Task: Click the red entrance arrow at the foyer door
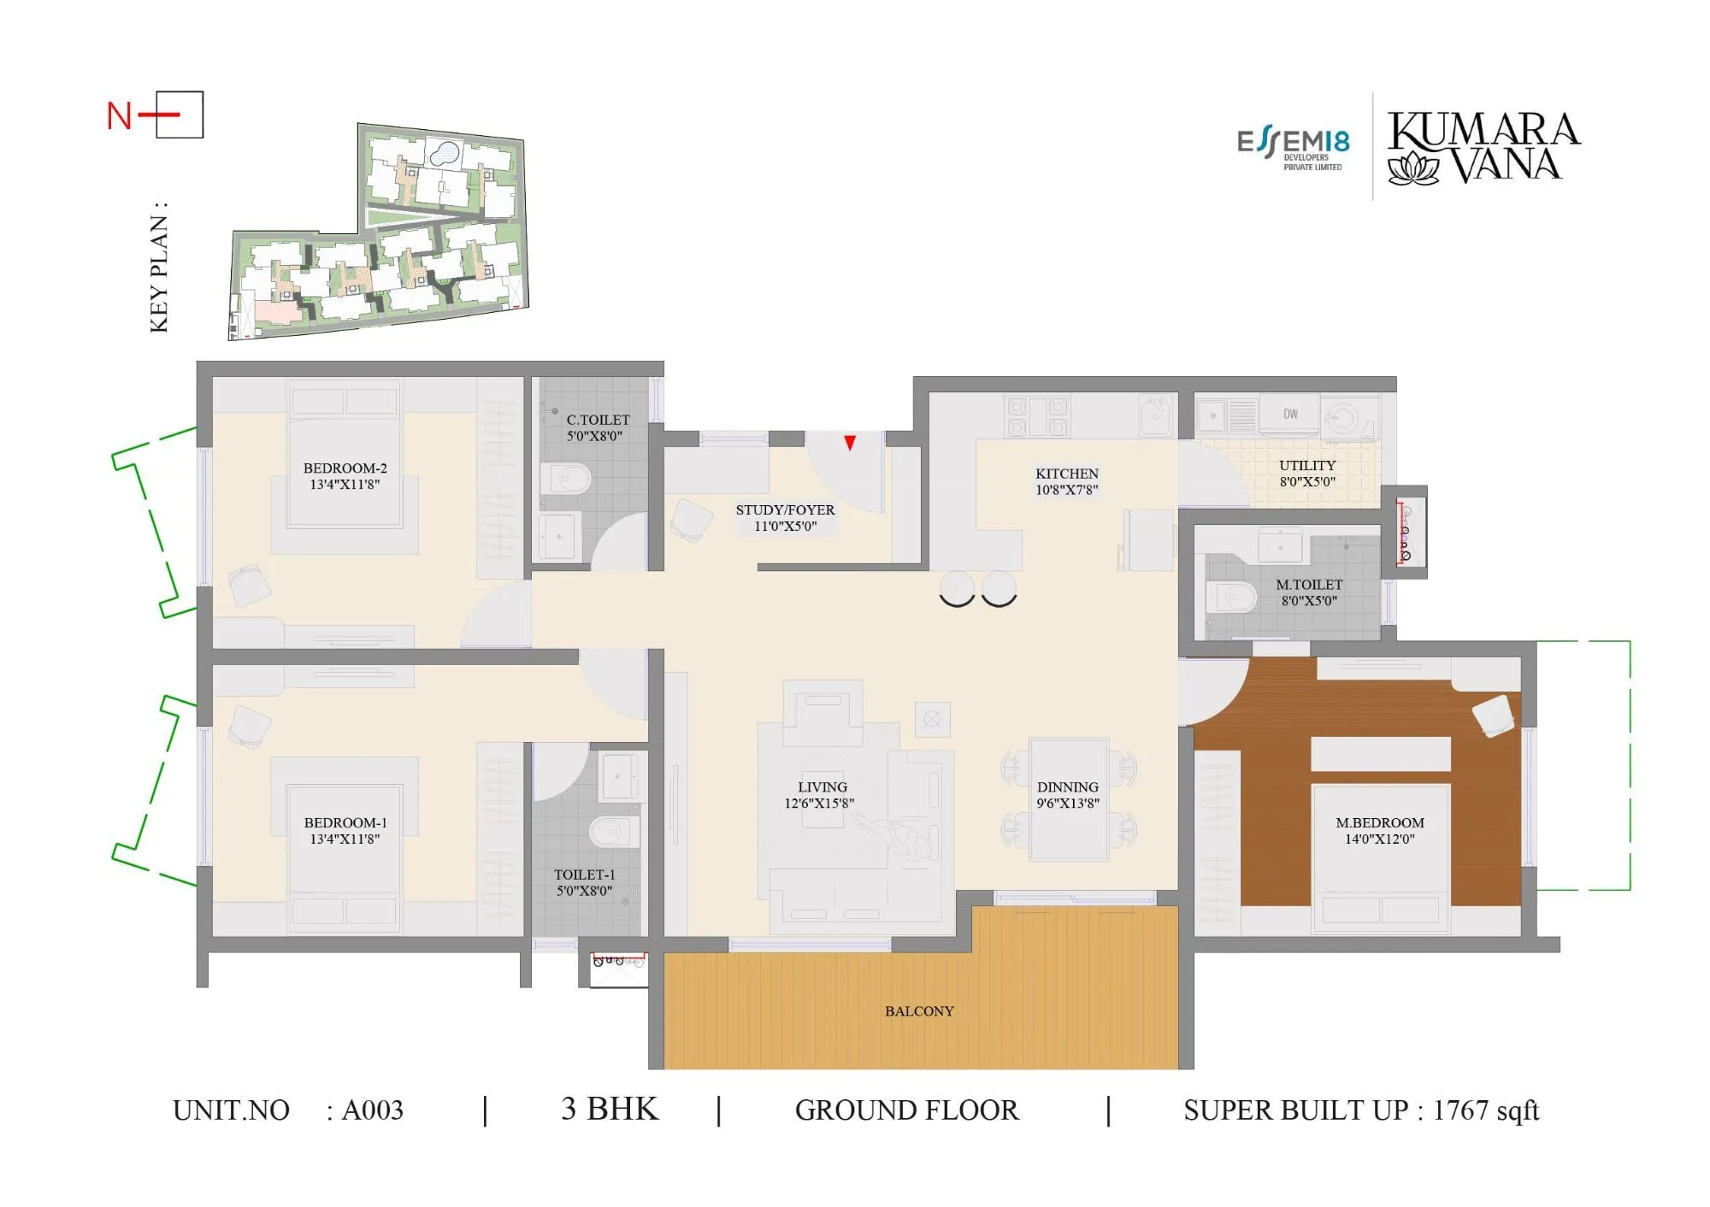click(850, 443)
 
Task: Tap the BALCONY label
click(919, 1011)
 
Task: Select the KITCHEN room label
click(1066, 474)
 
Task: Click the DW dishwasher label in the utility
click(1290, 414)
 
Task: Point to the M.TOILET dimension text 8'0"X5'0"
click(1308, 601)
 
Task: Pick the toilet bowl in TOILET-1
click(612, 831)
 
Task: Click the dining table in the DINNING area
click(1068, 799)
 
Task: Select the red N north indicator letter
click(119, 116)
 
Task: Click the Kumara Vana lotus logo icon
click(1413, 168)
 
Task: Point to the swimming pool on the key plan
click(443, 154)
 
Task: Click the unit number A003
click(372, 1110)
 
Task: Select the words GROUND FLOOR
click(906, 1110)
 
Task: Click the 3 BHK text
click(610, 1109)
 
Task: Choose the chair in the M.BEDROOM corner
click(1493, 715)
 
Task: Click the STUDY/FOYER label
click(785, 510)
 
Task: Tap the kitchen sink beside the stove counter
click(1154, 415)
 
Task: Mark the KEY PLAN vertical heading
click(159, 267)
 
